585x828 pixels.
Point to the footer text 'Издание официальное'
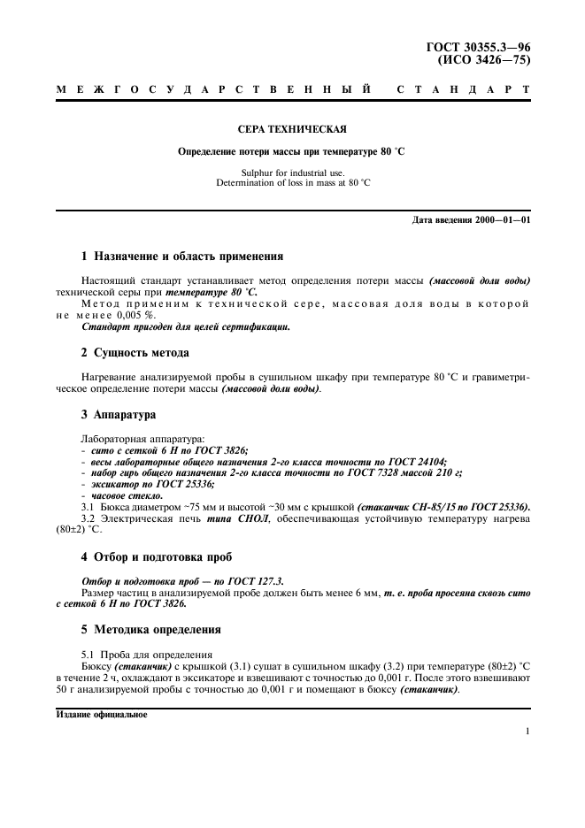coord(102,715)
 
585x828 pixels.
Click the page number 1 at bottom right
coord(527,732)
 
